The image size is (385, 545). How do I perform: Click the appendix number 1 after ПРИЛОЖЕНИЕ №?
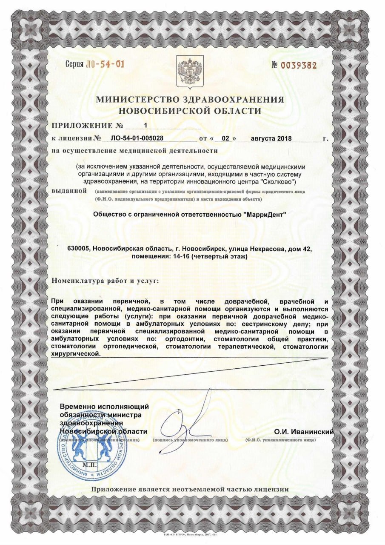tap(146, 125)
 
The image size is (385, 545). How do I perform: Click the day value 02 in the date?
tap(225, 138)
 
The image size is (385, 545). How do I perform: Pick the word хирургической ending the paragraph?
tap(76, 354)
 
